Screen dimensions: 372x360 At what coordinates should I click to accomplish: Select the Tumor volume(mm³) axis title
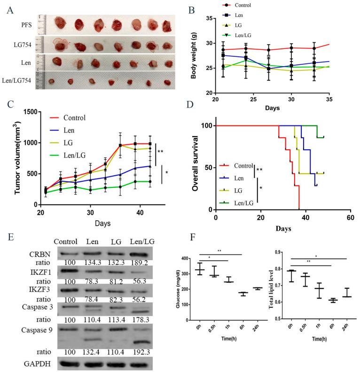pos(10,157)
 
